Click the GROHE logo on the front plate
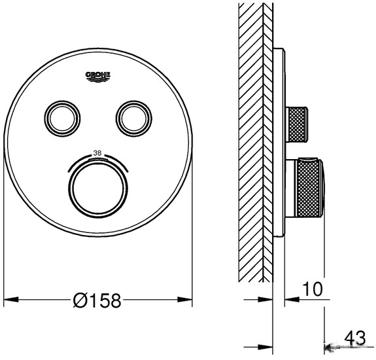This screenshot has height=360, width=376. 98,77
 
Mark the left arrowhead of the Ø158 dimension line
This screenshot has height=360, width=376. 9,300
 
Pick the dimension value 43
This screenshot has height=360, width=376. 354,338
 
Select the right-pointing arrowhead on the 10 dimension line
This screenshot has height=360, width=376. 267,300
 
